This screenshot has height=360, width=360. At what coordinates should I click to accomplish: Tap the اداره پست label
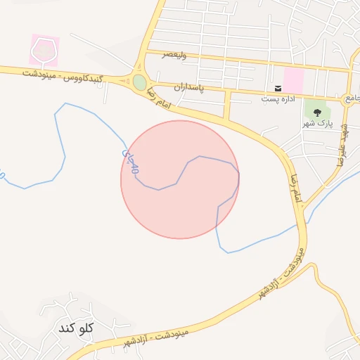pos(277,98)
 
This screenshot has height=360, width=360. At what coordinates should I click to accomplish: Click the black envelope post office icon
pos(278,88)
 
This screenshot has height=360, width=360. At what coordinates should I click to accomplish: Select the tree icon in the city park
pos(318,110)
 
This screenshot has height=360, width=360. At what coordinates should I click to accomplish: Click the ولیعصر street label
pos(174,55)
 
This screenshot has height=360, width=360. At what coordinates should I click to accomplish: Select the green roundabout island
pos(139,82)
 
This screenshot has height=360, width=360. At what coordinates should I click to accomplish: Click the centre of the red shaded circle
pos(180,179)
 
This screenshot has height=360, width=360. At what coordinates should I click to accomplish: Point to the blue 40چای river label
pos(131,160)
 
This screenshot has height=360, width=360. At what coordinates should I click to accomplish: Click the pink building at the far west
pos(44,50)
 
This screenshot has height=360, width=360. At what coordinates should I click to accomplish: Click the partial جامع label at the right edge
pos(352,98)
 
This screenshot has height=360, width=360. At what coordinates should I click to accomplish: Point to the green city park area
pos(318,112)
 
